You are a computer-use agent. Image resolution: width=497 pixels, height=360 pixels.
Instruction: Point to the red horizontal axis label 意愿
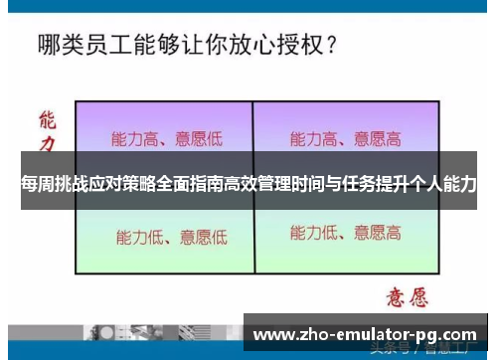coord(407,296)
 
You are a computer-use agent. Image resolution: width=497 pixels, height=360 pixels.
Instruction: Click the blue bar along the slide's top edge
coord(248,4)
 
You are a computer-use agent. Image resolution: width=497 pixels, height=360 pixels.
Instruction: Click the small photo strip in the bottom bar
coord(149,334)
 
